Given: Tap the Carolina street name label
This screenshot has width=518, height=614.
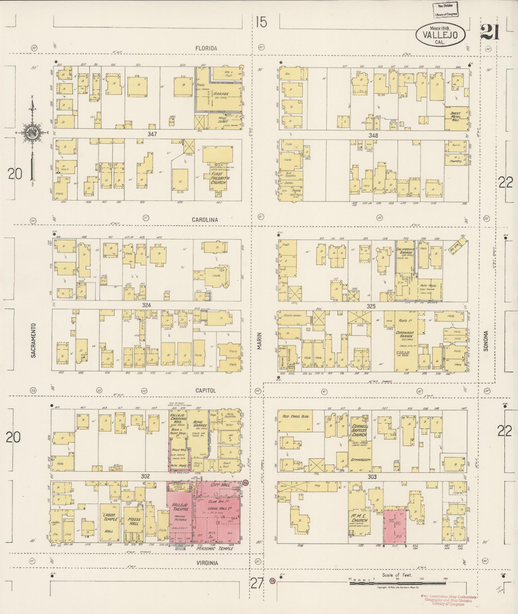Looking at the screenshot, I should pyautogui.click(x=205, y=220).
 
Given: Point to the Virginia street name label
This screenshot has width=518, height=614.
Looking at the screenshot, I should pyautogui.click(x=207, y=563).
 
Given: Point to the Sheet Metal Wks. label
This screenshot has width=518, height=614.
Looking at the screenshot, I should pyautogui.click(x=456, y=116).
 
